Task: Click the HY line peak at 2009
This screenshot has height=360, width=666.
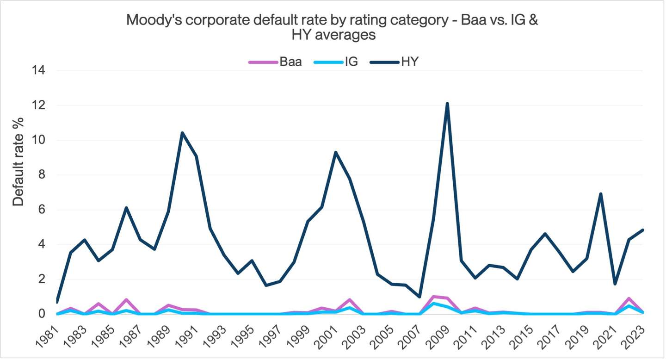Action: click(447, 104)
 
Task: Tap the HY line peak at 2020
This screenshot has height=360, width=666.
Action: click(600, 194)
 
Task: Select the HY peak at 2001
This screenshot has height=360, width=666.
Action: click(335, 152)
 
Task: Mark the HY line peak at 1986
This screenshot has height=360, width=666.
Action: click(126, 208)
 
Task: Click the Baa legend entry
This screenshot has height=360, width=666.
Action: click(276, 62)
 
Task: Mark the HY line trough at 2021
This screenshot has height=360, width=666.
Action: click(614, 284)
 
